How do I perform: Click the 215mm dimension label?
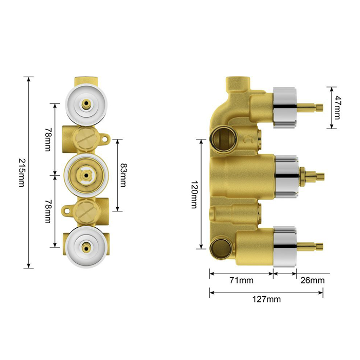(x=22, y=172)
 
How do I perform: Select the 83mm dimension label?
(x=123, y=175)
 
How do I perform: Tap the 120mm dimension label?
(x=194, y=194)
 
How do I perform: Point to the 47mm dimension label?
(x=337, y=107)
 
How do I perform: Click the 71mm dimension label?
(x=242, y=280)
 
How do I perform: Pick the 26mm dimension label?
(x=313, y=280)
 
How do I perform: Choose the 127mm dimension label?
(x=266, y=299)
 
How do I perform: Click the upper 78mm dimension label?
(x=48, y=139)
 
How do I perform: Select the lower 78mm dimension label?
(x=48, y=211)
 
